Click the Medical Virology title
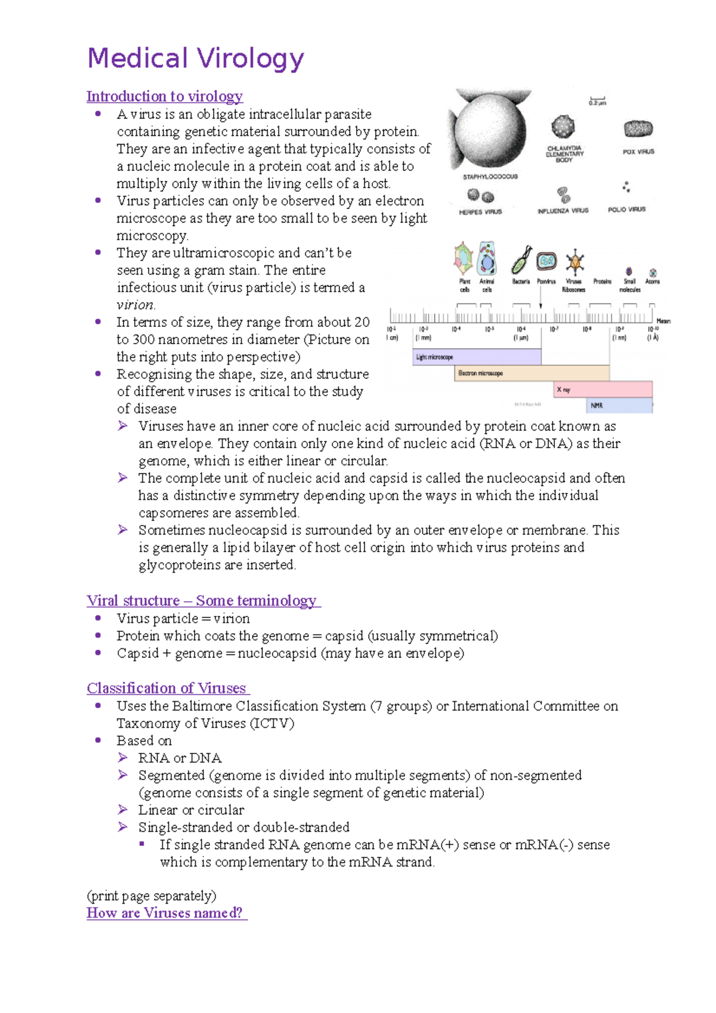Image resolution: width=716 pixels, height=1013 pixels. click(x=196, y=58)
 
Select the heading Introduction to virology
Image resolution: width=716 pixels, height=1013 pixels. click(x=165, y=96)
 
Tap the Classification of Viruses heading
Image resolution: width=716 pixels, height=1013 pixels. click(x=167, y=688)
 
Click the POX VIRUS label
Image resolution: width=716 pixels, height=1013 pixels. click(x=638, y=152)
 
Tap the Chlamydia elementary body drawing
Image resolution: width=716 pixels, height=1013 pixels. click(x=563, y=126)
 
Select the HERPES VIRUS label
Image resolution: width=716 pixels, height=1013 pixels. click(x=480, y=212)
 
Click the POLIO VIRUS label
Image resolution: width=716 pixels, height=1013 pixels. click(x=626, y=209)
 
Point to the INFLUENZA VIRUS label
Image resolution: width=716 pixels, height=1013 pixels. click(x=563, y=211)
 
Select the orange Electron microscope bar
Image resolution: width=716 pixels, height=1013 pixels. click(x=531, y=373)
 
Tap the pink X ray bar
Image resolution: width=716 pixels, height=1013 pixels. click(x=603, y=390)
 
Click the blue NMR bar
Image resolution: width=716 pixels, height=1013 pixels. click(x=619, y=405)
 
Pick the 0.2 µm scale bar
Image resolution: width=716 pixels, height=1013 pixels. click(x=597, y=100)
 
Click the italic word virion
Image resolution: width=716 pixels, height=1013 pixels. click(x=135, y=305)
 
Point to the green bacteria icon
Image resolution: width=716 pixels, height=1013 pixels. click(x=521, y=260)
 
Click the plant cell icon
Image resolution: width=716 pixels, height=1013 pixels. click(x=464, y=258)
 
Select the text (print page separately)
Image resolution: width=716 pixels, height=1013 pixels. click(x=152, y=895)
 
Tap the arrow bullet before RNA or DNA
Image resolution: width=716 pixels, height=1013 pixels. click(x=123, y=758)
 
